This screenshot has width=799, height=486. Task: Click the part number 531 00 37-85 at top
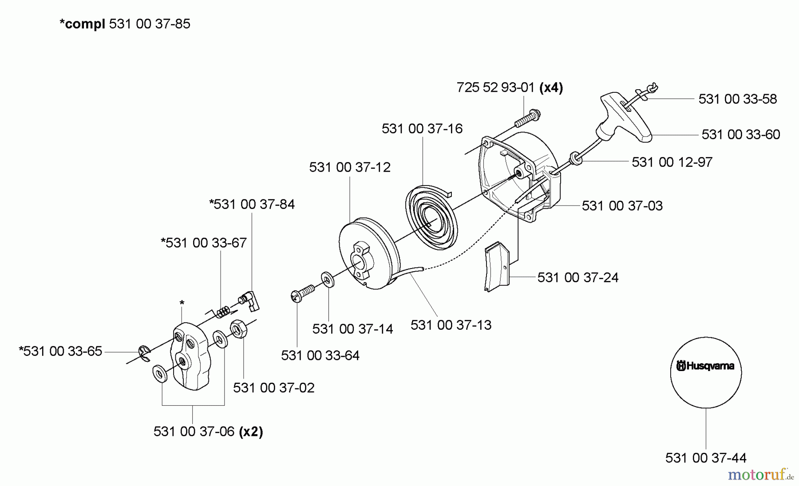click(x=149, y=24)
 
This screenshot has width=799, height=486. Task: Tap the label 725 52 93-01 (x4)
click(x=510, y=87)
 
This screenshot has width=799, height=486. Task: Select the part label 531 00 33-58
click(x=737, y=99)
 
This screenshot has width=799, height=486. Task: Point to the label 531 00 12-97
click(x=672, y=162)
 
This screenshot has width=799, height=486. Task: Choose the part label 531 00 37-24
click(x=577, y=277)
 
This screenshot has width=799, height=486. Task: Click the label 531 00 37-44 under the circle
click(x=705, y=458)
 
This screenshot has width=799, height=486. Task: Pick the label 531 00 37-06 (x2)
click(x=208, y=431)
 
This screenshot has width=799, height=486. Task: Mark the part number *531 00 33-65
click(x=60, y=351)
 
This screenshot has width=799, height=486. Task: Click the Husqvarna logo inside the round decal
click(x=705, y=366)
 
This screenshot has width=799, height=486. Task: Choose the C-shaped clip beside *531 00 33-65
click(x=144, y=352)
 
